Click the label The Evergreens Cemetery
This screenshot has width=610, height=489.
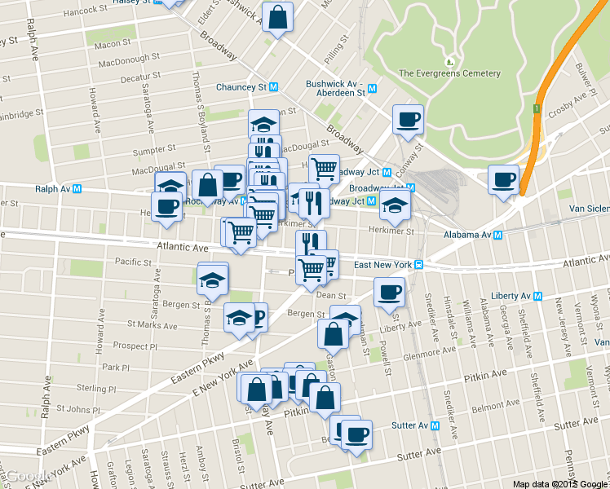click(449, 73)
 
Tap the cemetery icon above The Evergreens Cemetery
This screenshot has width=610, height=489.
click(449, 61)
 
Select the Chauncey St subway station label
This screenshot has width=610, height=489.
click(247, 87)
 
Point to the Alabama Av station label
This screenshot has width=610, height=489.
click(471, 235)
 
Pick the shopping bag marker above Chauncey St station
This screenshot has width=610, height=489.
click(278, 17)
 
